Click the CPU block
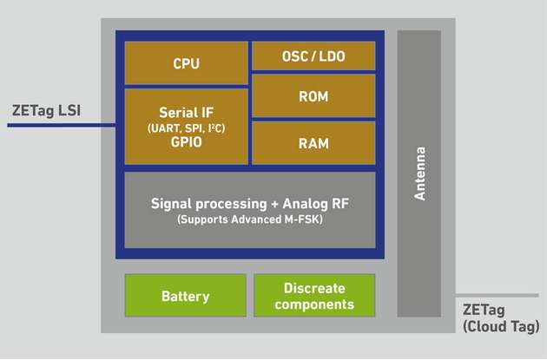click(x=186, y=62)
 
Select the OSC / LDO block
click(x=313, y=56)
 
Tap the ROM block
click(x=313, y=96)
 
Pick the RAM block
click(x=313, y=143)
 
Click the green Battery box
click(x=185, y=296)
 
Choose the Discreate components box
click(x=313, y=296)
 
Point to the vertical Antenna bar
click(x=419, y=173)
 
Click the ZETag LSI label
click(x=48, y=110)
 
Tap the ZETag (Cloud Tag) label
click(x=499, y=317)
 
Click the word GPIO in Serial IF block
click(x=186, y=144)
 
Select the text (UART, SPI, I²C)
click(x=186, y=128)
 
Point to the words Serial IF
click(x=186, y=113)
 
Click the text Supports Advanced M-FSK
click(x=251, y=220)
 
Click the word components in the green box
click(x=313, y=304)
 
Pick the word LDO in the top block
click(x=333, y=56)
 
